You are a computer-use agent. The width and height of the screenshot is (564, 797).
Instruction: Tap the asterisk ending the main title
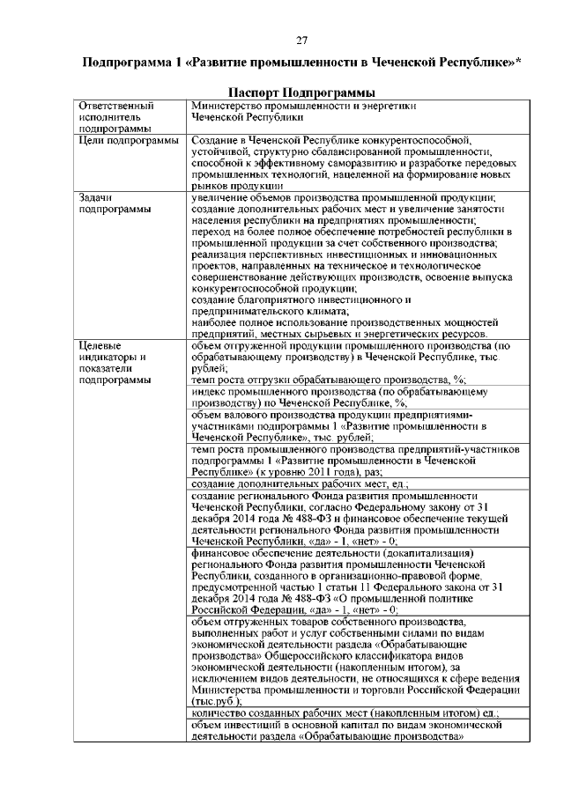tap(518, 61)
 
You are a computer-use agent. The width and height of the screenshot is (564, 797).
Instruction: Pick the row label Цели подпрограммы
tap(129, 140)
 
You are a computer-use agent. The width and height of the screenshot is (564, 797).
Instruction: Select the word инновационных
tap(430, 255)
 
